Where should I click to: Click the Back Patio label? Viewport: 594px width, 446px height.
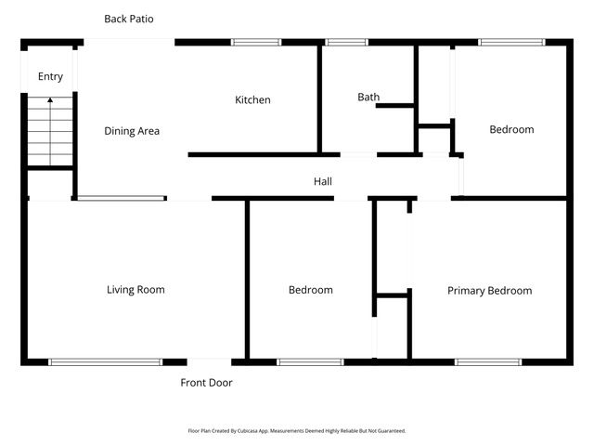pos(129,19)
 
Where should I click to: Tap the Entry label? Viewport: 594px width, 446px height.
pos(50,77)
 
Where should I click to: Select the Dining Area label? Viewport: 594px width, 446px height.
pos(132,131)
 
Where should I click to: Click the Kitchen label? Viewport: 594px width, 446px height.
pos(252,100)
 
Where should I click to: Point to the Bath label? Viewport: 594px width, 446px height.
pos(368,97)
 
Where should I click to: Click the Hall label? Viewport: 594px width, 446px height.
pos(322,182)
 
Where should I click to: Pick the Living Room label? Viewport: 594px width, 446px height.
pos(136,290)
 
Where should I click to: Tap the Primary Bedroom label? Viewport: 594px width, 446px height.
pos(489,291)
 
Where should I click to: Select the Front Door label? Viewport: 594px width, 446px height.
pos(206,383)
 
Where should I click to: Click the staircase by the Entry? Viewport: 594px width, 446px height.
pos(50,131)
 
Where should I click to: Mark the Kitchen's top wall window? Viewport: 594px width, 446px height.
pos(256,42)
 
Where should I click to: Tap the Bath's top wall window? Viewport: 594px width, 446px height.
pos(346,42)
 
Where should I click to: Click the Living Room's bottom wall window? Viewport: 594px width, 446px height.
pos(105,361)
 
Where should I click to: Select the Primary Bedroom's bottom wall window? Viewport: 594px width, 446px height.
pos(487,361)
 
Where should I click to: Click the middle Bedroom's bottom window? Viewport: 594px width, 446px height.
pos(310,361)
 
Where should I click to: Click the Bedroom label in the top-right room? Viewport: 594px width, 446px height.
pos(511,130)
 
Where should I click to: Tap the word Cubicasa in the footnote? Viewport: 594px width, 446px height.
pos(245,431)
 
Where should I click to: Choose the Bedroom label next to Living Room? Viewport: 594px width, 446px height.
pos(310,291)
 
